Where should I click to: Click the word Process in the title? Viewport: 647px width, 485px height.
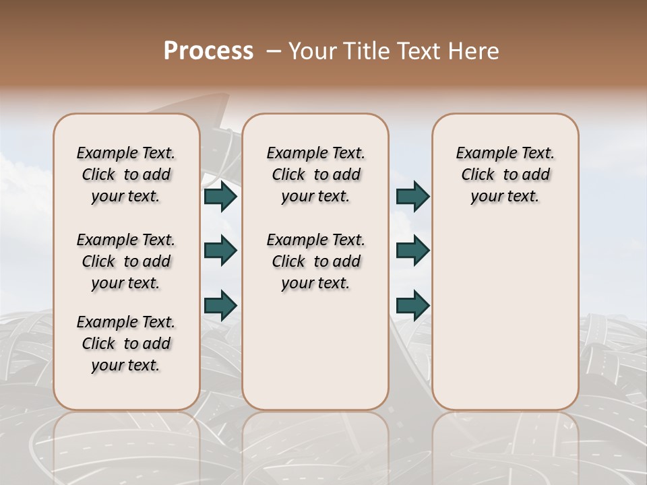(x=208, y=51)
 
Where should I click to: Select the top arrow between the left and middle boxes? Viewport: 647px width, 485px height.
(x=220, y=197)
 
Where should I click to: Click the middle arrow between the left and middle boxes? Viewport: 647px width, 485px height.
(x=220, y=251)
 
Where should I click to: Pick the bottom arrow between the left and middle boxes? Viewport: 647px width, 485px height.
(x=220, y=305)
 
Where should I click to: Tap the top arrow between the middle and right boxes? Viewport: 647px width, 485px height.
(x=412, y=197)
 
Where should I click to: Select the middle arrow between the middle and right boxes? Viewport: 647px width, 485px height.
(x=412, y=251)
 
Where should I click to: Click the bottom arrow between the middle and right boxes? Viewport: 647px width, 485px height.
(x=412, y=305)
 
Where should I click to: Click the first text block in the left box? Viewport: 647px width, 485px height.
(x=126, y=174)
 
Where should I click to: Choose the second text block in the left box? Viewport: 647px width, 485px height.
(x=126, y=261)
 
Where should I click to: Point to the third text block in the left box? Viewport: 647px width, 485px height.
(x=126, y=344)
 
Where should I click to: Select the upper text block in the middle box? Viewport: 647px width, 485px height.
(x=315, y=174)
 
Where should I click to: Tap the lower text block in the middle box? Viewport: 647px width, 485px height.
(x=315, y=261)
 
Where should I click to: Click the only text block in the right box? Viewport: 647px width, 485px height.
(x=505, y=174)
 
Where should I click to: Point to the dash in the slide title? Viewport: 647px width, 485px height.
(x=274, y=51)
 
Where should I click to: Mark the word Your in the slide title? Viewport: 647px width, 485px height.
(x=311, y=51)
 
